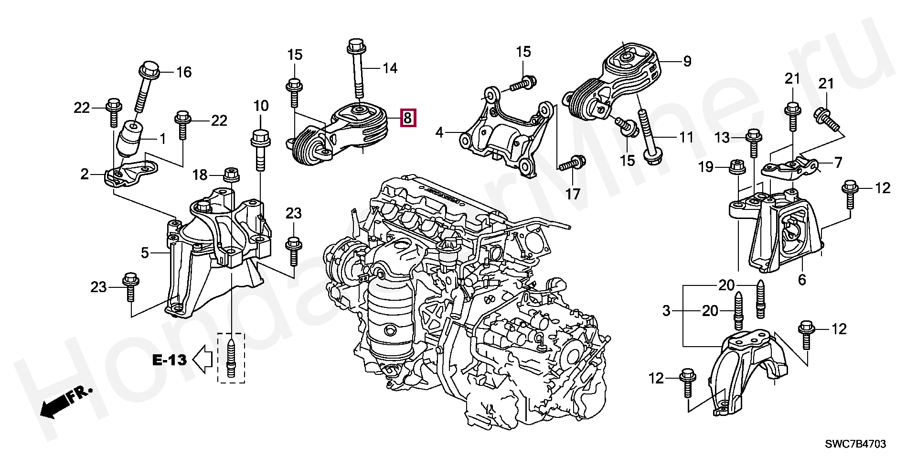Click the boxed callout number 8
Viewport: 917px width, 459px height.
(x=407, y=118)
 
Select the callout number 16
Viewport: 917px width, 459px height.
(x=184, y=72)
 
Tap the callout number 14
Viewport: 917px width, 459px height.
(x=390, y=68)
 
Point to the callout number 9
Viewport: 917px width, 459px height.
(x=687, y=61)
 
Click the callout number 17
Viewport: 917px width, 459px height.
(x=573, y=194)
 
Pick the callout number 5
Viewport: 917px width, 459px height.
(x=145, y=252)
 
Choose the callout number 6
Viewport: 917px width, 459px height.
(x=802, y=279)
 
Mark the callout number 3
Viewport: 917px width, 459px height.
(x=667, y=311)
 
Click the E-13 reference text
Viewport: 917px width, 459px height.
(x=169, y=360)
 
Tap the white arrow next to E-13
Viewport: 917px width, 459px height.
(x=203, y=359)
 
